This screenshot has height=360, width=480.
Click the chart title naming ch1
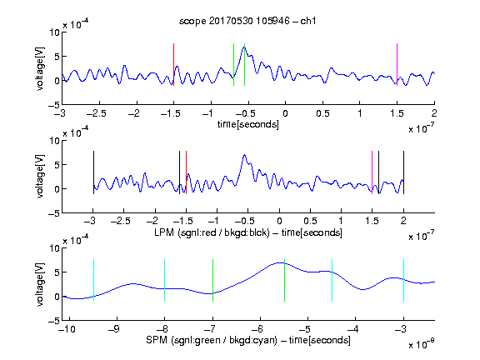pyautogui.click(x=247, y=21)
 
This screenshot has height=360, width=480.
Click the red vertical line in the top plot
pyautogui.click(x=173, y=64)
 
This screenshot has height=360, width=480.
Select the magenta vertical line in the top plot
pyautogui.click(x=397, y=64)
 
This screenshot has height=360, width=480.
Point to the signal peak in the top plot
pyautogui.click(x=244, y=47)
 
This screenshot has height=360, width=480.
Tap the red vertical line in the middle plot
pyautogui.click(x=186, y=172)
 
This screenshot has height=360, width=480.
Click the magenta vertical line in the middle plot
pyautogui.click(x=372, y=172)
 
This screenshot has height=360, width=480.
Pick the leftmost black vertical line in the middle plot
pyautogui.click(x=93, y=172)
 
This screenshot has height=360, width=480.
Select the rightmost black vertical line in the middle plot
pyautogui.click(x=403, y=172)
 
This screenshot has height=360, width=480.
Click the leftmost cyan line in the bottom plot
pyautogui.click(x=93, y=280)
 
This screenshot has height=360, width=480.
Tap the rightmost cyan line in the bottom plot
pyautogui.click(x=403, y=280)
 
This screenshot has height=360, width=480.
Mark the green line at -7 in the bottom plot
pyautogui.click(x=212, y=280)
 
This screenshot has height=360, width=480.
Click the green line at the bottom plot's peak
pyautogui.click(x=284, y=280)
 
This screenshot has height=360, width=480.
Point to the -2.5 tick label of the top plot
pyautogui.click(x=96, y=113)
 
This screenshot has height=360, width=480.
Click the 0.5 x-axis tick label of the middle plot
pyautogui.click(x=310, y=221)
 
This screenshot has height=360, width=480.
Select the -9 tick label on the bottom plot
pyautogui.click(x=114, y=329)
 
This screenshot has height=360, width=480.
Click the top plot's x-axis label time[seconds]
pyautogui.click(x=248, y=124)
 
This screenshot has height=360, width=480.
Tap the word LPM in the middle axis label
pyautogui.click(x=164, y=232)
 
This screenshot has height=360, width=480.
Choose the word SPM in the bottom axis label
pyautogui.click(x=157, y=340)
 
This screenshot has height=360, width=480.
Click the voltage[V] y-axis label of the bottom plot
pyautogui.click(x=40, y=284)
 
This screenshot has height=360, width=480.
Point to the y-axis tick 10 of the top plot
pyautogui.click(x=55, y=32)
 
